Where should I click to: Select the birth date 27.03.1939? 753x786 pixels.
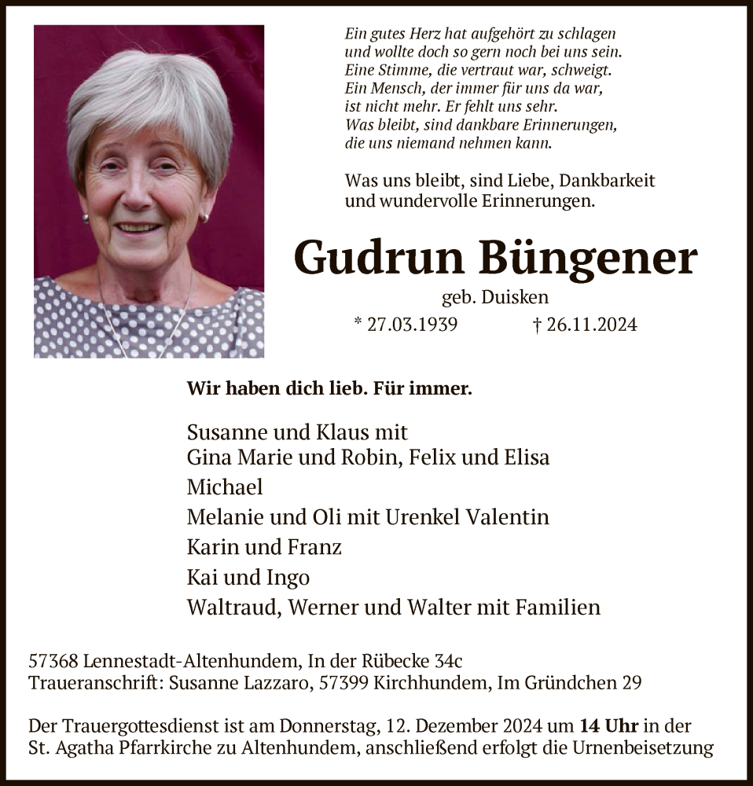point(413,325)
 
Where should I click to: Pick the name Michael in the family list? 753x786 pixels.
point(225,487)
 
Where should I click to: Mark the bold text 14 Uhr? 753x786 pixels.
point(609,726)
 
